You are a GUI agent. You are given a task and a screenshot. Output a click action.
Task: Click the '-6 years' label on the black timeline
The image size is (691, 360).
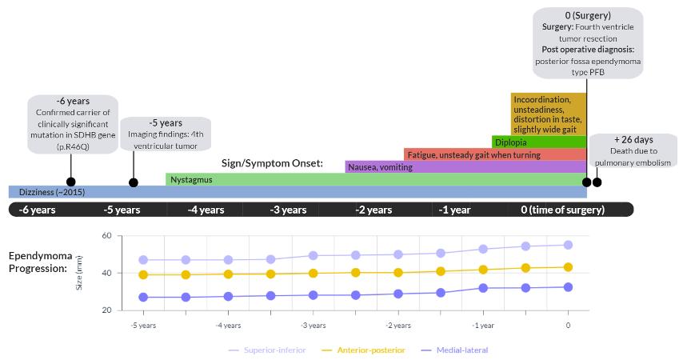coord(38,210)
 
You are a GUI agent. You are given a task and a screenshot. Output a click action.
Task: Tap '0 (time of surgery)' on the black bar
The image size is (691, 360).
coord(562,210)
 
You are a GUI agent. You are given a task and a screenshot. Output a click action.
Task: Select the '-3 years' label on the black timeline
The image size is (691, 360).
coord(288,210)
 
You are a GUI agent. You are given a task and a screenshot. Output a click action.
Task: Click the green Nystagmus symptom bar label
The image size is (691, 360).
coord(191,180)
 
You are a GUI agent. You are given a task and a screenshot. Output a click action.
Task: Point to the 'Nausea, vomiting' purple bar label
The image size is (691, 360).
coord(380,167)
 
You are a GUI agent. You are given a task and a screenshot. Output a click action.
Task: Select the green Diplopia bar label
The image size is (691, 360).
coord(510,142)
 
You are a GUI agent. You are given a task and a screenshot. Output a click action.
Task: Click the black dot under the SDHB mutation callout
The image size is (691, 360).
coord(71,182)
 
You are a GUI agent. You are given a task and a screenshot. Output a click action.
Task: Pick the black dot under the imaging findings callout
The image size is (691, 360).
coord(134,182)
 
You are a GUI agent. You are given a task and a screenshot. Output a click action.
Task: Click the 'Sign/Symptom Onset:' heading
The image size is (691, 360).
coord(272,163)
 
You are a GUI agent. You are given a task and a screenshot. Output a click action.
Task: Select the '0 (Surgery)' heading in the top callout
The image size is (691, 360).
coord(587,15)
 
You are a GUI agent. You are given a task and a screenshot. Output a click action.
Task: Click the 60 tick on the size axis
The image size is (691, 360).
coord(105,236)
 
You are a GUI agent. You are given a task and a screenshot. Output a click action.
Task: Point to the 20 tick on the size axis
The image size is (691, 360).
coord(105,310)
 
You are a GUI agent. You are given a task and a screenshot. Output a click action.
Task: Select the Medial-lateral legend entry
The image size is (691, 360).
coord(453,350)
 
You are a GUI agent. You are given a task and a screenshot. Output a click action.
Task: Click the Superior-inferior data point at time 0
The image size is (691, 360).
coord(568,245)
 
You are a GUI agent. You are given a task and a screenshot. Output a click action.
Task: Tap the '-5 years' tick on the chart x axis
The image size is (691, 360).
coord(143,326)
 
